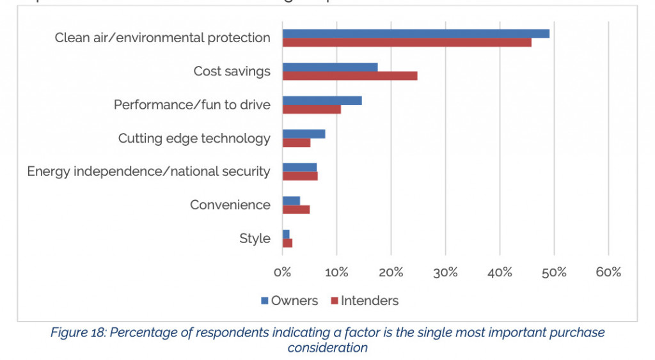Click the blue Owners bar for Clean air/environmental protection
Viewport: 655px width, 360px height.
coord(416,33)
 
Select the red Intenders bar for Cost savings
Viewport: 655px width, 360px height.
coord(350,75)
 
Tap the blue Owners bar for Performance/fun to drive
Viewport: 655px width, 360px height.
coord(322,100)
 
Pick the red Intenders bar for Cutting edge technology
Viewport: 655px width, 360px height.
coord(296,143)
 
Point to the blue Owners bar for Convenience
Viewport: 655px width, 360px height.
coord(291,201)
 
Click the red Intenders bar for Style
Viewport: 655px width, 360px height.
coord(287,243)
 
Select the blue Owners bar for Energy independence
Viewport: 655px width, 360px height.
coord(299,168)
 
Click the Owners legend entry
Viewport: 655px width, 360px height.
coord(289,301)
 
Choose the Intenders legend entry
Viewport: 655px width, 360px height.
coord(364,301)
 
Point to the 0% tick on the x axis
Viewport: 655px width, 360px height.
coord(283,272)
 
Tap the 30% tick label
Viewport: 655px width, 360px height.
coord(445,272)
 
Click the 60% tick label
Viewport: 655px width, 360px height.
coord(608,272)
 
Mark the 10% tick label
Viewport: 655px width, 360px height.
coord(337,272)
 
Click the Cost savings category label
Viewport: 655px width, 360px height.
coord(232,71)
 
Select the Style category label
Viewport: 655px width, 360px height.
coord(255,239)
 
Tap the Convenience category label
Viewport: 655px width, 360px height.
coord(230,205)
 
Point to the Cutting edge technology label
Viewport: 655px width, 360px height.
coord(194,138)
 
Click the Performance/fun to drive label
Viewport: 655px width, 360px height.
coord(192,105)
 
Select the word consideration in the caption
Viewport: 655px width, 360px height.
coord(327,347)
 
